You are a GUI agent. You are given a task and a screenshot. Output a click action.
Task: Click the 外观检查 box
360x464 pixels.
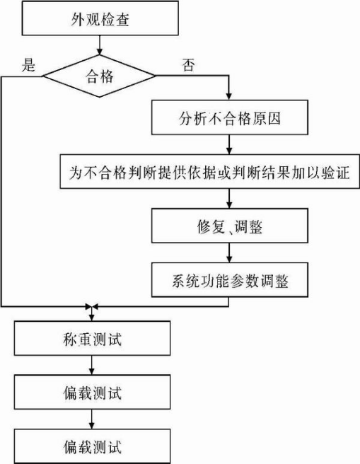coord(100,18)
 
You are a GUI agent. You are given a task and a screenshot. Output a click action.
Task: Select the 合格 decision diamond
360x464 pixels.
coord(100,76)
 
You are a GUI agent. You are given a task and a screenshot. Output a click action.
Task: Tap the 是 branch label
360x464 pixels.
coord(28,64)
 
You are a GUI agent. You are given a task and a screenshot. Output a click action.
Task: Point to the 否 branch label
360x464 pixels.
coord(188,65)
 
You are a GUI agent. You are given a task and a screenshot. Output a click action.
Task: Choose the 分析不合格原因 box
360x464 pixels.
coord(230,117)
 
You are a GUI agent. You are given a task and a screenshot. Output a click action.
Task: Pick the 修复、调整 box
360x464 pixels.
coord(230,226)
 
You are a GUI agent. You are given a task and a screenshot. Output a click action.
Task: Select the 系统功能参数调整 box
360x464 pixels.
coord(230,280)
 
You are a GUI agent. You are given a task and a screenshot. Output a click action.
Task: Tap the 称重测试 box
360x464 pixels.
coord(92,338)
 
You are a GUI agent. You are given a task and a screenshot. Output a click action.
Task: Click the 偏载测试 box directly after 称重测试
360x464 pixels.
coord(92,393)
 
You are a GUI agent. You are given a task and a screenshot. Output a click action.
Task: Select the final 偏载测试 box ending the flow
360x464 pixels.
coord(92,446)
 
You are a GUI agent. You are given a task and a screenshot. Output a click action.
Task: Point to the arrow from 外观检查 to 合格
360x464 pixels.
coord(100,45)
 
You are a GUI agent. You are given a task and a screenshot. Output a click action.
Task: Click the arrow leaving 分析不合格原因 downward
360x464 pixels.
coord(229,144)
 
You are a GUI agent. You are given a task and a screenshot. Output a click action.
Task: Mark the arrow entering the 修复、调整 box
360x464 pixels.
coord(229,199)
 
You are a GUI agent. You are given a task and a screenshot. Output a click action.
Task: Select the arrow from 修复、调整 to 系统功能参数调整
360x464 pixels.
coord(229,253)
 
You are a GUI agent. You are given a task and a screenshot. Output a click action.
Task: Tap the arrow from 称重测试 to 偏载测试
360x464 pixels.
coord(92,365)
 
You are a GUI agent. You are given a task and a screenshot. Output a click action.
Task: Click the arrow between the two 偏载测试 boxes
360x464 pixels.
coord(92,419)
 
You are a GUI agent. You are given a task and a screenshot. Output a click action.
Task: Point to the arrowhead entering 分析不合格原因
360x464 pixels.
coord(228,96)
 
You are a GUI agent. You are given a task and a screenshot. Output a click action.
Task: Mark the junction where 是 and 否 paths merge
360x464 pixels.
coord(91,306)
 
